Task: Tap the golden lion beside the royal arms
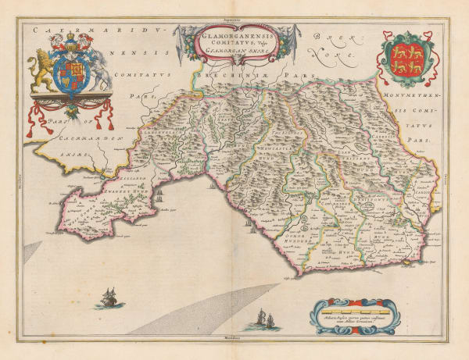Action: click(x=42, y=71)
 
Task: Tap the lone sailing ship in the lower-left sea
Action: click(x=108, y=297)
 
